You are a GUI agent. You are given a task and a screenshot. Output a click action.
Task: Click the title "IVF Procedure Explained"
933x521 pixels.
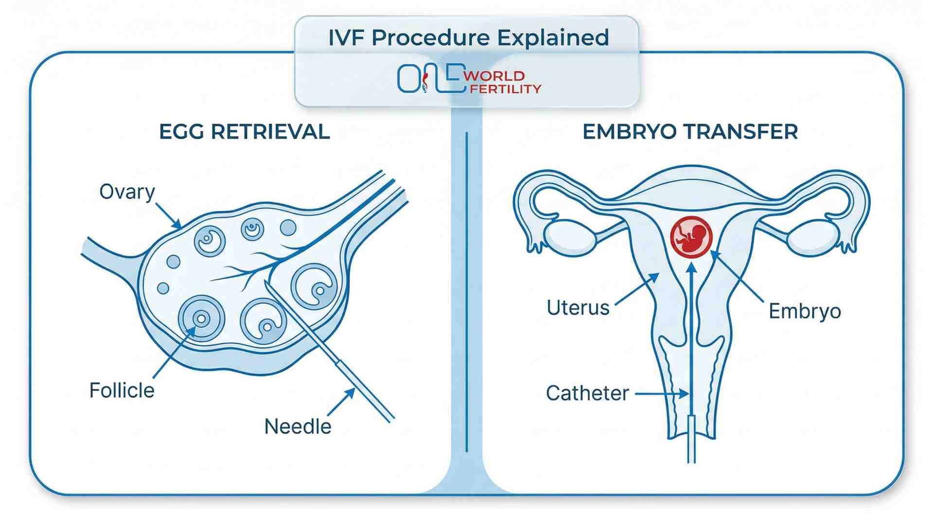coord(468,38)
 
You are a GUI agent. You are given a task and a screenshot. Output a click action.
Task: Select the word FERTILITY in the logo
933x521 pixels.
coord(505,89)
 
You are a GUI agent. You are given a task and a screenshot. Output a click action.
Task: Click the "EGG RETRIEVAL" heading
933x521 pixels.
coord(244,132)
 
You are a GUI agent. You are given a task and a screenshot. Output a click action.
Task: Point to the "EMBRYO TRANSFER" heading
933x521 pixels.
coord(690,132)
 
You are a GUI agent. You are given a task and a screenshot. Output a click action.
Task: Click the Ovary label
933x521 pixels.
coord(127,192)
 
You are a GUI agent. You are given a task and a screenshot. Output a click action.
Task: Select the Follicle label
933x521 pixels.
coord(122,390)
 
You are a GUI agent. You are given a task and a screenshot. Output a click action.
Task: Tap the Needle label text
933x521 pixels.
coord(298,427)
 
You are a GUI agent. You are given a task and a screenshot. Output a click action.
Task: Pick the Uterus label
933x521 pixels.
coord(578,308)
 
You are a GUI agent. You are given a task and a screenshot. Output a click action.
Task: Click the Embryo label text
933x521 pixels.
coord(805,311)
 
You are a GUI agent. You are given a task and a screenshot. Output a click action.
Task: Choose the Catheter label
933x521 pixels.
coord(587,393)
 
